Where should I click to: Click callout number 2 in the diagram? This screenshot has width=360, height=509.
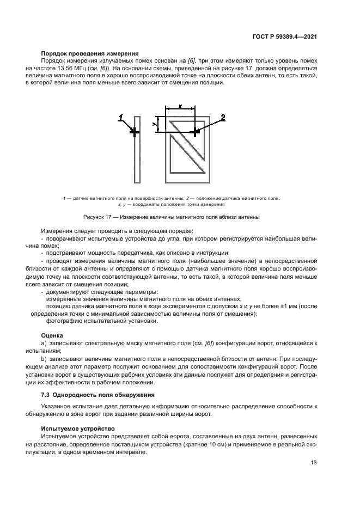[x=222, y=118]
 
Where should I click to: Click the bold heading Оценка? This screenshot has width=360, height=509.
[x=52, y=335]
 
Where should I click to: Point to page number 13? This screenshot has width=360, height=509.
[x=314, y=463]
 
